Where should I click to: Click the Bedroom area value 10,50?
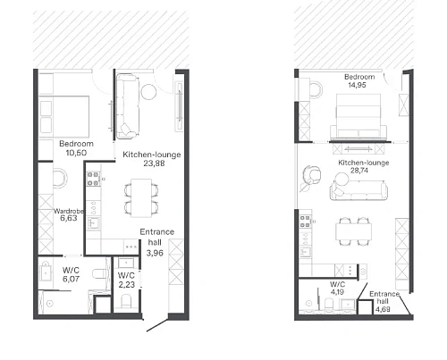click(76, 153)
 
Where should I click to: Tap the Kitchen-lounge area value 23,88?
click(154, 163)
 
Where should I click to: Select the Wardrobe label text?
click(69, 211)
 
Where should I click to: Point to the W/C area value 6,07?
click(71, 279)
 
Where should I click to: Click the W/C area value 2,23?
click(127, 285)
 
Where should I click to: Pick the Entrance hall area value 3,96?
click(155, 253)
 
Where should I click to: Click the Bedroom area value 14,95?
click(357, 85)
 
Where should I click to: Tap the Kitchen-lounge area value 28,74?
click(359, 171)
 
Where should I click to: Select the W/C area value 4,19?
click(337, 292)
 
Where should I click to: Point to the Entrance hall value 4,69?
click(383, 309)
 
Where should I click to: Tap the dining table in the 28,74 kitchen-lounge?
click(354, 231)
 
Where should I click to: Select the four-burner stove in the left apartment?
click(93, 179)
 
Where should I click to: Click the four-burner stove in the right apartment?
click(305, 222)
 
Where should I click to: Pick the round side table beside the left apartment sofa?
click(148, 92)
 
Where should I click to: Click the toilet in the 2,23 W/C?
click(126, 301)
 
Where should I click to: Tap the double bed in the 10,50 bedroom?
click(64, 117)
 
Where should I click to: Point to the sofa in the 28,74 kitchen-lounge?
click(358, 190)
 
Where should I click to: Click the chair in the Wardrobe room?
click(60, 178)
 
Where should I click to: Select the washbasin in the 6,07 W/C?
click(46, 272)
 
